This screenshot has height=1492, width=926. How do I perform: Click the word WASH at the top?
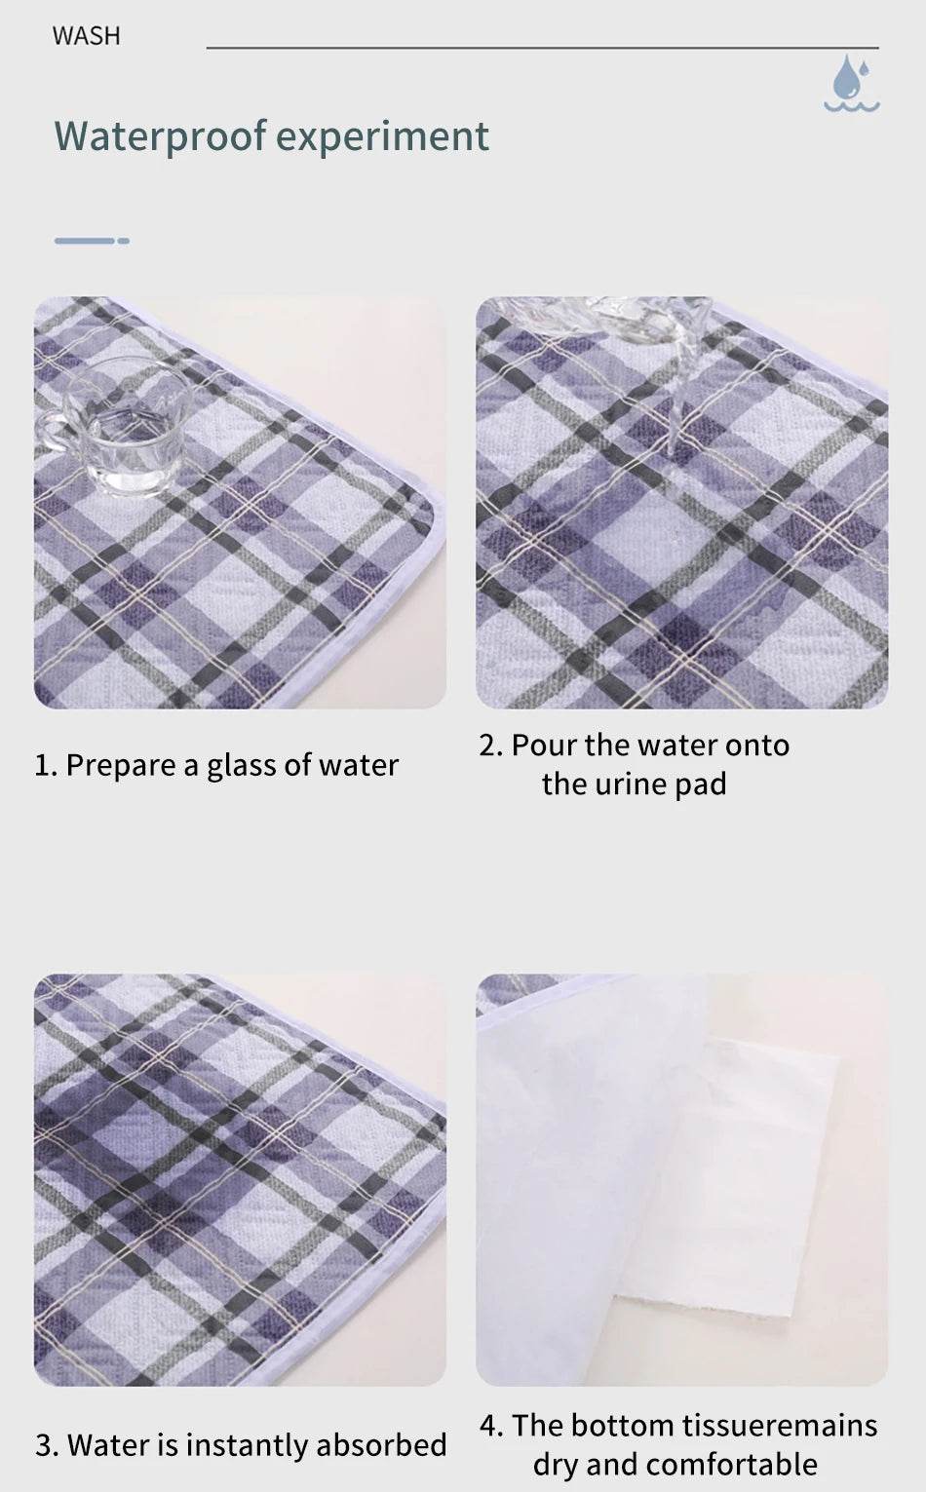click(87, 36)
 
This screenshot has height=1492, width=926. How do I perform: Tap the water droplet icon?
click(852, 83)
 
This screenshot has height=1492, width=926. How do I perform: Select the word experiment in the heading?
click(382, 137)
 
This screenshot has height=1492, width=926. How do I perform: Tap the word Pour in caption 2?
click(544, 746)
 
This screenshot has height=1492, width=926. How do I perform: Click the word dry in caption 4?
click(556, 1466)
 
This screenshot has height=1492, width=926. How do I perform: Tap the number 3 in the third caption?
click(44, 1445)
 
